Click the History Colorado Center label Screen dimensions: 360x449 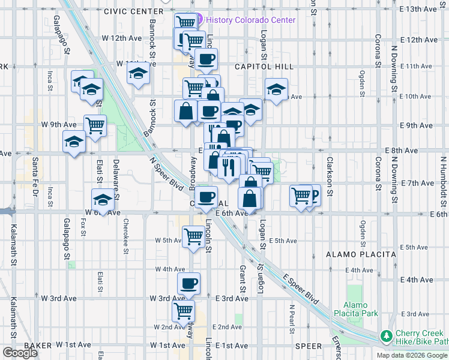pyautogui.click(x=250, y=20)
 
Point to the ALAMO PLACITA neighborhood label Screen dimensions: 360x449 pyautogui.click(x=361, y=254)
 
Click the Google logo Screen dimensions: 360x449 pyautogui.click(x=20, y=353)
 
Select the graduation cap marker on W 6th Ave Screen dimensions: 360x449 pyautogui.click(x=103, y=199)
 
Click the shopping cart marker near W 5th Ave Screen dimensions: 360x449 pyautogui.click(x=193, y=236)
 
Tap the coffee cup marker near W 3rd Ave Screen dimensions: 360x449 pyautogui.click(x=188, y=283)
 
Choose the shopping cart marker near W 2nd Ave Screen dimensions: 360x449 pyautogui.click(x=183, y=311)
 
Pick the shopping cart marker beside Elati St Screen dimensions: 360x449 pyautogui.click(x=95, y=125)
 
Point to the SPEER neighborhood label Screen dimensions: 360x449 pyautogui.click(x=309, y=346)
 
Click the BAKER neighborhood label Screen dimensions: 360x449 pyautogui.click(x=38, y=346)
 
